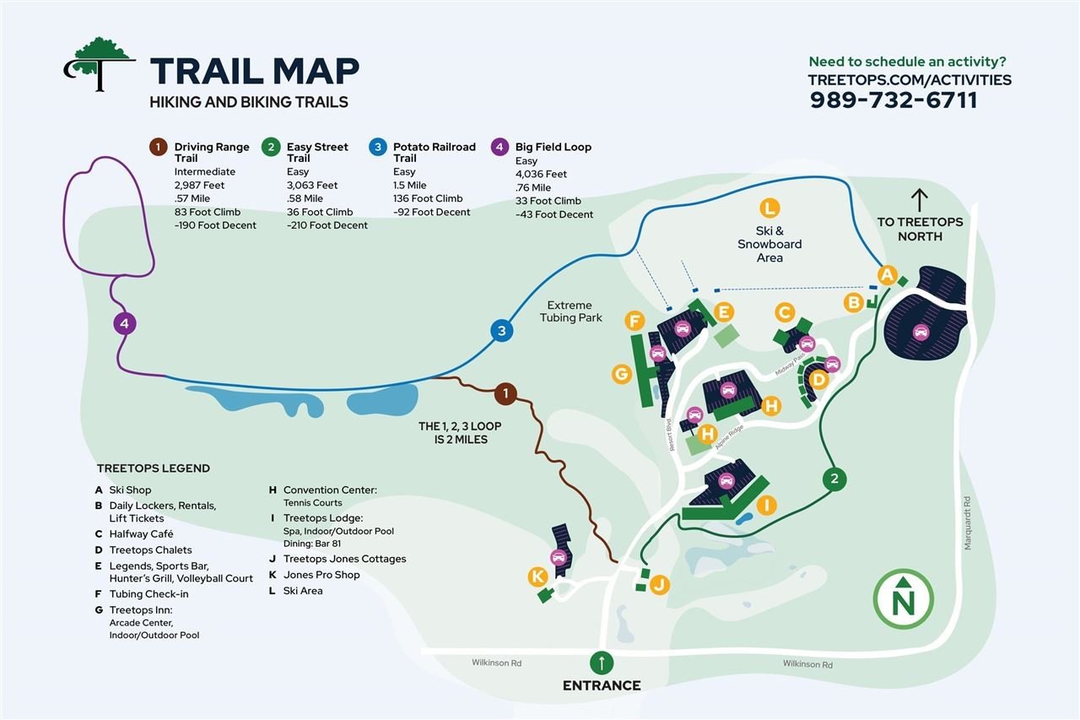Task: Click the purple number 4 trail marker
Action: click(125, 323)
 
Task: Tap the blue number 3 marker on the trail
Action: click(502, 330)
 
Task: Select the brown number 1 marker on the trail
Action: click(505, 394)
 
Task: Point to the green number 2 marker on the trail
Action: click(834, 479)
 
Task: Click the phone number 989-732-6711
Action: click(894, 100)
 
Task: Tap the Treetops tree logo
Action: click(100, 64)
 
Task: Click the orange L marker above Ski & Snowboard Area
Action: click(770, 208)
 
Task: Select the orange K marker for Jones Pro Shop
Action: click(537, 577)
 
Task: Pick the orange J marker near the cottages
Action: click(660, 585)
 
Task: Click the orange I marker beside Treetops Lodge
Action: click(767, 506)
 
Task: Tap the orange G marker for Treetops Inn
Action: click(622, 374)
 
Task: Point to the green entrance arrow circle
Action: click(602, 663)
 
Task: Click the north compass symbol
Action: click(903, 599)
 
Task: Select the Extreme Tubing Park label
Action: click(570, 311)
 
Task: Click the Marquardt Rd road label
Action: click(967, 523)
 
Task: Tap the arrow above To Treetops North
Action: click(920, 200)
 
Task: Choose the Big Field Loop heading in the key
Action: click(553, 147)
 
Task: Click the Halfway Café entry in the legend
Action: click(141, 533)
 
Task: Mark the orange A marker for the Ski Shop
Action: click(887, 275)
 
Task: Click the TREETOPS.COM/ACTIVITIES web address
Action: click(910, 79)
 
